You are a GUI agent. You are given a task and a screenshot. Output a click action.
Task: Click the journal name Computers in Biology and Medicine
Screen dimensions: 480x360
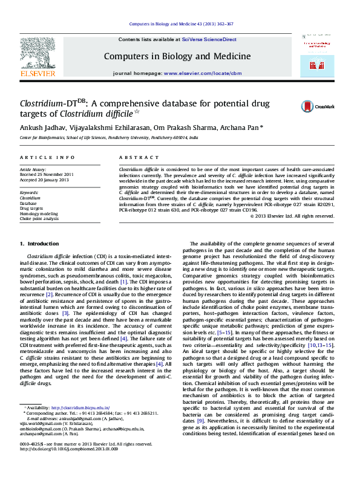click(x=177, y=56)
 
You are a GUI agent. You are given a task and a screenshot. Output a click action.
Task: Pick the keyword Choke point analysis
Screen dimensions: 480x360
click(x=39, y=219)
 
